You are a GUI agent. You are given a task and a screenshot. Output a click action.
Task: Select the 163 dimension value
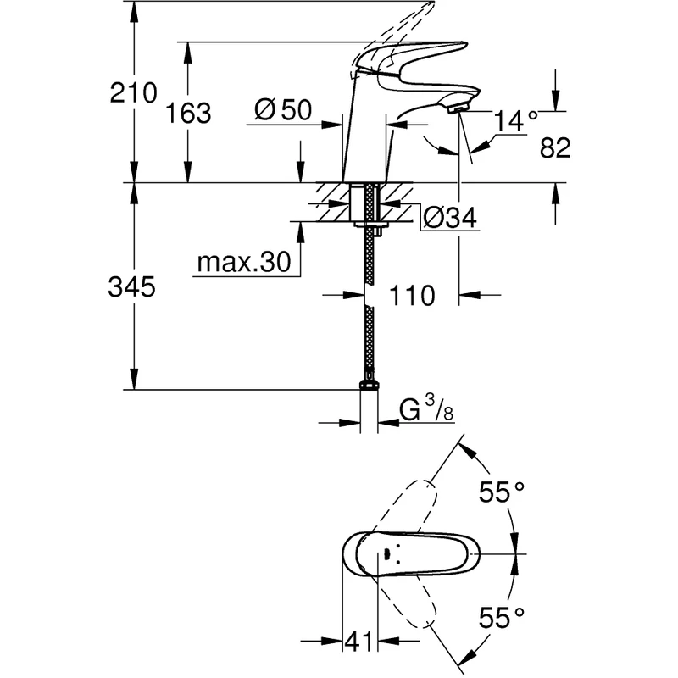[x=187, y=113]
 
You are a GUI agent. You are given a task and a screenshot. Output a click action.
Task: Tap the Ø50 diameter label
[x=283, y=109]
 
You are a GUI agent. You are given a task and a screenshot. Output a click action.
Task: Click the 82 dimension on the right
[x=554, y=149]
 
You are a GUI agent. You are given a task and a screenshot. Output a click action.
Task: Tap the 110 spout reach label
[x=412, y=296]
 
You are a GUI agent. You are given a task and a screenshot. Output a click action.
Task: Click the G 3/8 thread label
[x=428, y=412]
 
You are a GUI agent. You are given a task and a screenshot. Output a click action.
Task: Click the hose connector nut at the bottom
[x=369, y=386]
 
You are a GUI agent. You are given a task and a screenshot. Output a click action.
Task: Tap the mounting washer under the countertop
[x=369, y=224]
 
